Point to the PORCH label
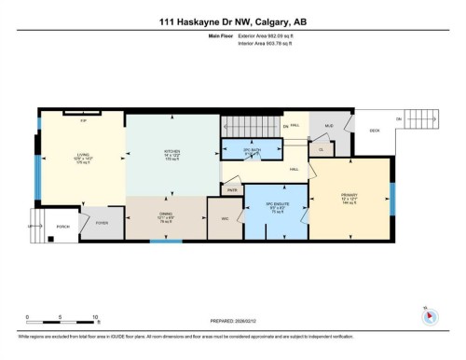(x=63, y=227)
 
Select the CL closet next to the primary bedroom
(x=321, y=149)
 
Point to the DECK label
(x=375, y=131)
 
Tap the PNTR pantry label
(x=231, y=190)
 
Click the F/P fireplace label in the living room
(x=83, y=120)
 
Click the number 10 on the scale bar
(x=96, y=316)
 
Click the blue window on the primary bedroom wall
(x=393, y=196)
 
